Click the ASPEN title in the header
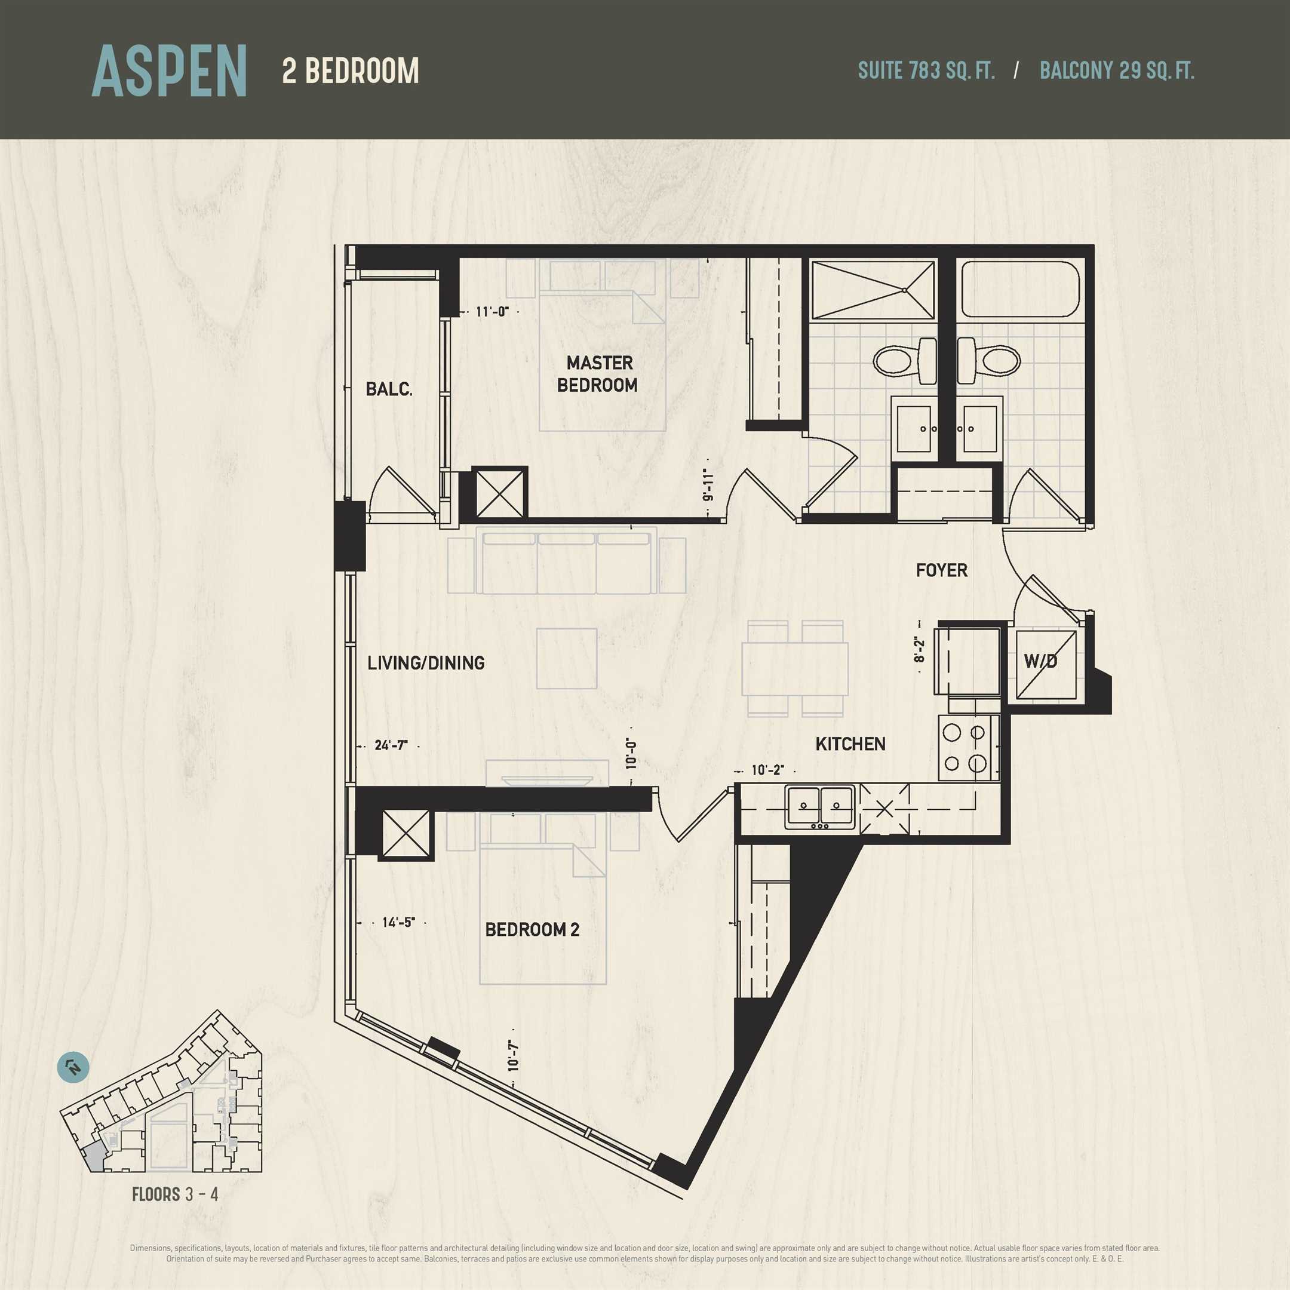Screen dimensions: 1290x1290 click(170, 71)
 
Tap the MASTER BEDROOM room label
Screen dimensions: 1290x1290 click(598, 374)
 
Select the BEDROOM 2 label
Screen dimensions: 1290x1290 click(532, 929)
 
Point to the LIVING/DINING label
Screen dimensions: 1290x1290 click(426, 663)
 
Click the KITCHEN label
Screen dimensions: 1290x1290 click(850, 744)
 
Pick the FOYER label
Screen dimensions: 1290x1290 click(941, 570)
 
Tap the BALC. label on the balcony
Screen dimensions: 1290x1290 click(389, 389)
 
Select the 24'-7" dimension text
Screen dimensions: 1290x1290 click(391, 745)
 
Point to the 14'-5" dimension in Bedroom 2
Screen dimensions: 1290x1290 click(398, 922)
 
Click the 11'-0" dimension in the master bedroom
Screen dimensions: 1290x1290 click(493, 311)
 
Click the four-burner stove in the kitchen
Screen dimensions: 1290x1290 click(969, 748)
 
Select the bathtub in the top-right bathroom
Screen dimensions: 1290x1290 click(1019, 288)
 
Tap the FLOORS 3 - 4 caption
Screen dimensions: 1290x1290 click(175, 1194)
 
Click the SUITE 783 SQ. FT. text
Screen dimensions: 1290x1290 click(926, 71)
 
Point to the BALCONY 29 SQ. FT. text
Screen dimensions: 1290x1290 click(1117, 71)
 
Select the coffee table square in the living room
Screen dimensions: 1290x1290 click(567, 658)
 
